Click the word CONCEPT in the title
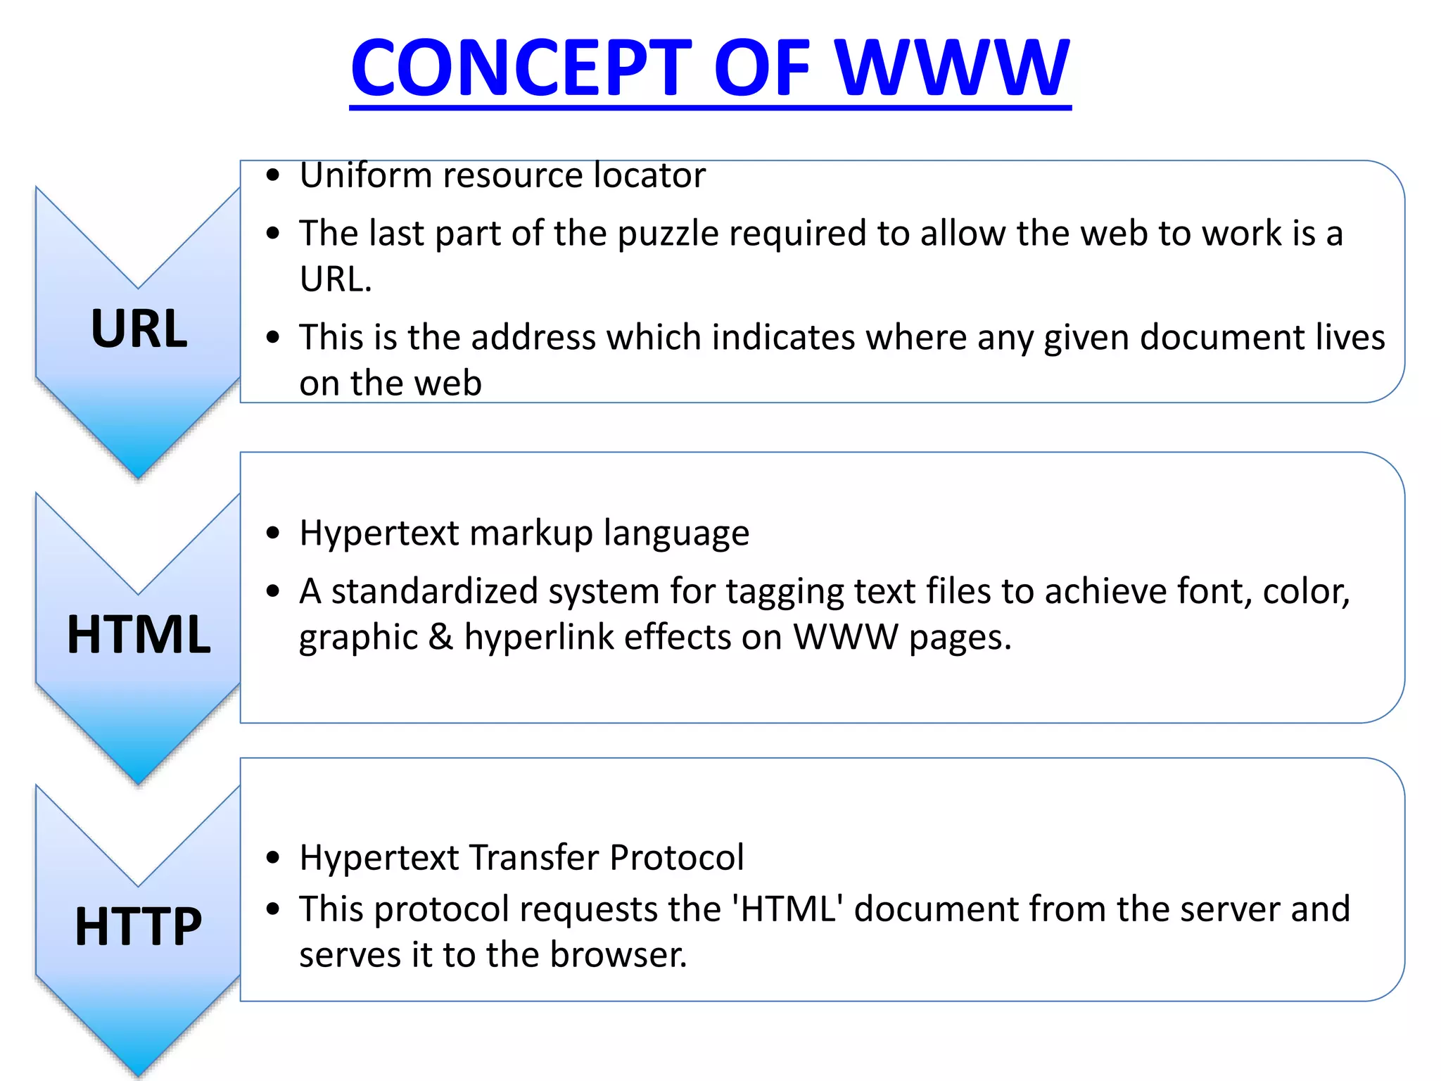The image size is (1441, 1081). [521, 68]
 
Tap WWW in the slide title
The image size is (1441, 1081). [953, 68]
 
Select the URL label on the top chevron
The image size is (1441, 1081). [139, 329]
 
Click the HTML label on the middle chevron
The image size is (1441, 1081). [139, 635]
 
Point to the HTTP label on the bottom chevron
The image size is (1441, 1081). [139, 926]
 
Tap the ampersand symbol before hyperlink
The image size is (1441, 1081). [440, 638]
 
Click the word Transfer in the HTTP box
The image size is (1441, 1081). [535, 858]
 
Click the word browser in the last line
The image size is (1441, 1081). [618, 956]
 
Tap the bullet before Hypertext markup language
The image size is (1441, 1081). [274, 533]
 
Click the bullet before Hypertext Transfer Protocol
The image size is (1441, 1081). [274, 858]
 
